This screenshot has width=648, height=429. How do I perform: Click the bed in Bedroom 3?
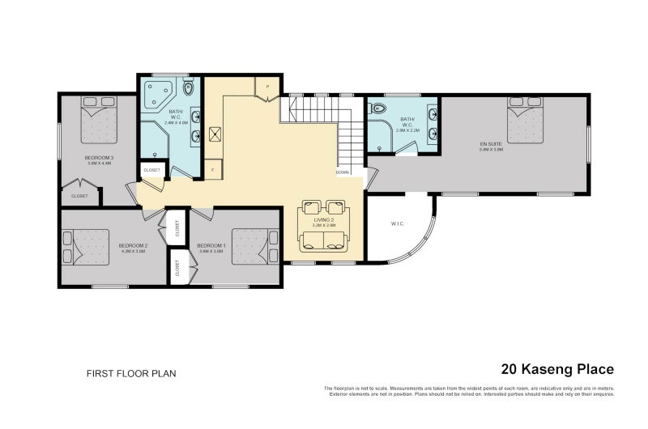coord(98,121)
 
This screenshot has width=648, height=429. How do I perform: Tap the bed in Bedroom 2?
coord(87,247)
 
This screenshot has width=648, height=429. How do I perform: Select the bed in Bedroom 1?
coord(254,246)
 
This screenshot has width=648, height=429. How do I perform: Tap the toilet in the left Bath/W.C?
coord(189,87)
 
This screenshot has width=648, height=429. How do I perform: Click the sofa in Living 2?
coord(322,240)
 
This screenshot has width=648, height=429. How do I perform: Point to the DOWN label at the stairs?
coord(343,172)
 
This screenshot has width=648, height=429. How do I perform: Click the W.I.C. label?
coord(397,223)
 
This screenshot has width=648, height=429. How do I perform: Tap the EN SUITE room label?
coord(491,144)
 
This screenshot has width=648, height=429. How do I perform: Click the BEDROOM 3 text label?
coord(99,157)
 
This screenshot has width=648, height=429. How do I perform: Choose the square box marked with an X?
coord(215,136)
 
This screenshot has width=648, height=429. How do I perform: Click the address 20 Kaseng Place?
coord(557,369)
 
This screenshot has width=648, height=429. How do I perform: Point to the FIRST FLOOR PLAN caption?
coord(131,374)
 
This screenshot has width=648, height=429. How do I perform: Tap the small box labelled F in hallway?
coord(212,171)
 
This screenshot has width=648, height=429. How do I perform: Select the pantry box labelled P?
coord(266,87)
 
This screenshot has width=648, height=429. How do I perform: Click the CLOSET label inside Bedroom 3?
coord(79,196)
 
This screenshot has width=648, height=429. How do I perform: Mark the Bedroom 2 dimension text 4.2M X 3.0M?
coord(133,251)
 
